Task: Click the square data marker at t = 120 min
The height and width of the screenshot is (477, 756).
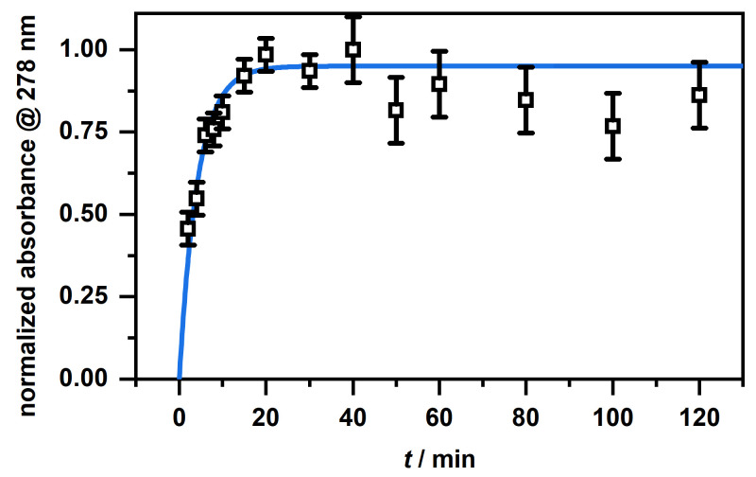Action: tap(699, 95)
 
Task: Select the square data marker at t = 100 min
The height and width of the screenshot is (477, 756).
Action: tap(612, 126)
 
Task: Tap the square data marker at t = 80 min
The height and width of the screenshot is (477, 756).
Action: tap(525, 99)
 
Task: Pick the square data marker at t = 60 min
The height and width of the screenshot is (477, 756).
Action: tap(438, 83)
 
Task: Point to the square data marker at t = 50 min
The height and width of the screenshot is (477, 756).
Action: tap(395, 110)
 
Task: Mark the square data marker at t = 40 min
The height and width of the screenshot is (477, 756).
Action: tap(352, 49)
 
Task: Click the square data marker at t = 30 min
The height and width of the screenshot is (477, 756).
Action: tap(309, 70)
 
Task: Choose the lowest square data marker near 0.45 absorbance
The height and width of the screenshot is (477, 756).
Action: tap(187, 228)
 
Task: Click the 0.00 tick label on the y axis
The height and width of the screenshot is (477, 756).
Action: tap(94, 379)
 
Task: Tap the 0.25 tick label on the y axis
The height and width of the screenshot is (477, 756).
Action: tap(94, 296)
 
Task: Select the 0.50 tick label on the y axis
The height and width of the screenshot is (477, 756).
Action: tap(94, 214)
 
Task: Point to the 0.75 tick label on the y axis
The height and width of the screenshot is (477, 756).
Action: tap(94, 132)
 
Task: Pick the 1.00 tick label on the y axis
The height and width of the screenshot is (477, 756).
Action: tap(94, 49)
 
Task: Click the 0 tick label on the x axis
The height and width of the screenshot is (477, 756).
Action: tap(179, 414)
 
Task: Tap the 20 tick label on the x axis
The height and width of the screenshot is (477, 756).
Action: tap(266, 414)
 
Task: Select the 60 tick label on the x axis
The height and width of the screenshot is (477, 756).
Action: tap(438, 414)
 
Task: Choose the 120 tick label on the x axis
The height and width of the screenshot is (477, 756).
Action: tap(699, 414)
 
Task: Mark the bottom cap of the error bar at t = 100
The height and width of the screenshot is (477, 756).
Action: tap(612, 159)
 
